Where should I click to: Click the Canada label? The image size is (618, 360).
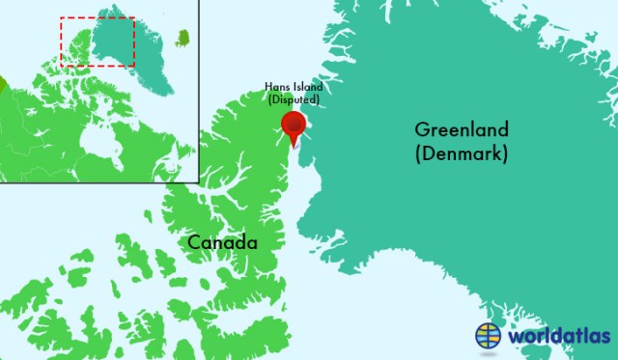coord(222,241)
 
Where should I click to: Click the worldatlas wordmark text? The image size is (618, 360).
coord(560,336)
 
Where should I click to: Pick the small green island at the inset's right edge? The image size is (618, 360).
coord(182,39)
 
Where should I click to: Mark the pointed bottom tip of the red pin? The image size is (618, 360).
coord(293,148)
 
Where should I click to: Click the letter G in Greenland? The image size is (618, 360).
coord(421,130)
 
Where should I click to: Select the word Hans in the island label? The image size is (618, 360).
coord(276,87)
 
